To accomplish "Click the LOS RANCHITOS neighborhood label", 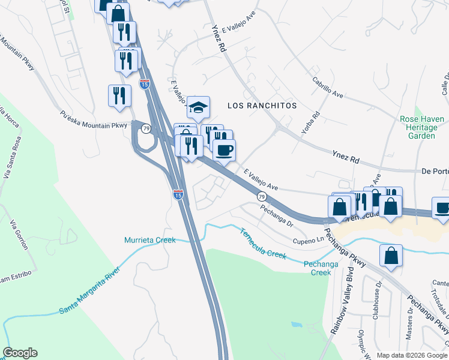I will click(x=262, y=105).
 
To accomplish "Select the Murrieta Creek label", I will click(x=149, y=240).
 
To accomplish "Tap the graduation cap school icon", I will click(x=198, y=108).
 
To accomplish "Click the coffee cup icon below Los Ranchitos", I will click(x=224, y=150).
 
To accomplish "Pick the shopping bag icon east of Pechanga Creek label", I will click(x=391, y=256).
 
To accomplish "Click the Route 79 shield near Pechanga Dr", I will click(x=261, y=196).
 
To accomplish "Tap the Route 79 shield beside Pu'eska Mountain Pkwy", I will click(x=144, y=128).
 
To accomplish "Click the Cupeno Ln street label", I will click(x=308, y=241).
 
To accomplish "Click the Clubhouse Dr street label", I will click(x=378, y=300).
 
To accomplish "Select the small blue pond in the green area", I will click(x=295, y=325).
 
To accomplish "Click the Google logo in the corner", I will click(x=20, y=353).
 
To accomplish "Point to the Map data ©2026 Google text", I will click(x=411, y=355).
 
